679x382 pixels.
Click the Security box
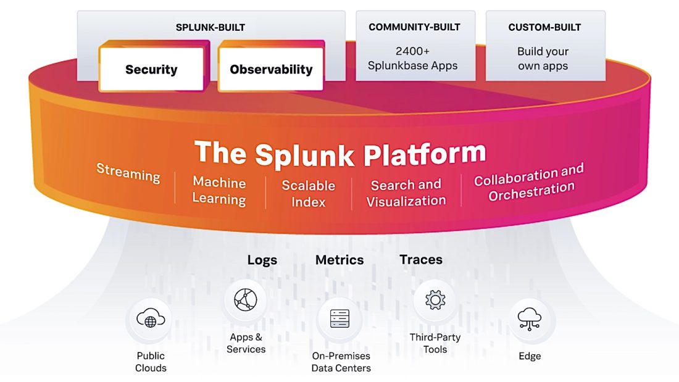(151, 70)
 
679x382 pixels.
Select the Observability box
(271, 70)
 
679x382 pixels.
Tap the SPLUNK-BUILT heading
(210, 27)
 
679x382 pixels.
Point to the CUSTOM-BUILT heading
(544, 27)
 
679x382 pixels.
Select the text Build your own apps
(543, 59)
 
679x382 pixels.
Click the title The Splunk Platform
(340, 153)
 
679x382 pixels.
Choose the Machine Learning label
(219, 191)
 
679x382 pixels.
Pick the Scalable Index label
(308, 193)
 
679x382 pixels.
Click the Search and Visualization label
(406, 193)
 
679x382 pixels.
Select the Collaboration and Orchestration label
(528, 182)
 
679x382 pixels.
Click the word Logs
(262, 260)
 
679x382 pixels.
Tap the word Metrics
(339, 260)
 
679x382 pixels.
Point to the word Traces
(421, 260)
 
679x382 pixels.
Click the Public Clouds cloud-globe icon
(151, 320)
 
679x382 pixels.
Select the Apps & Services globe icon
(245, 301)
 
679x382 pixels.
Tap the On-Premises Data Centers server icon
(339, 319)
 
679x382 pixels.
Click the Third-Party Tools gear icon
(435, 301)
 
